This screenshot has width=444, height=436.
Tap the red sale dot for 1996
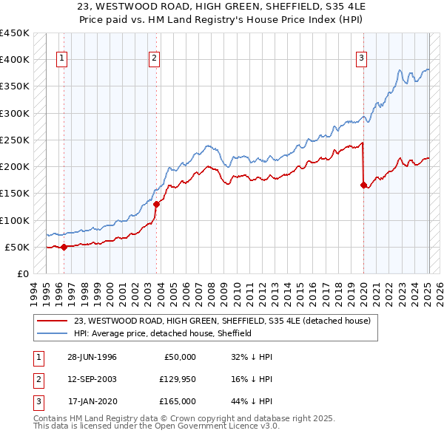point(64,247)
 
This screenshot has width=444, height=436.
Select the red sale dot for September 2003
point(157,204)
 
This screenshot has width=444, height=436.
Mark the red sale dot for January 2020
point(363,185)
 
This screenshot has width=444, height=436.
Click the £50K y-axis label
point(16,247)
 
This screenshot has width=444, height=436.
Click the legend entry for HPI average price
point(163,333)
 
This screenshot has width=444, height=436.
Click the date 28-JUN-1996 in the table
point(92,357)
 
